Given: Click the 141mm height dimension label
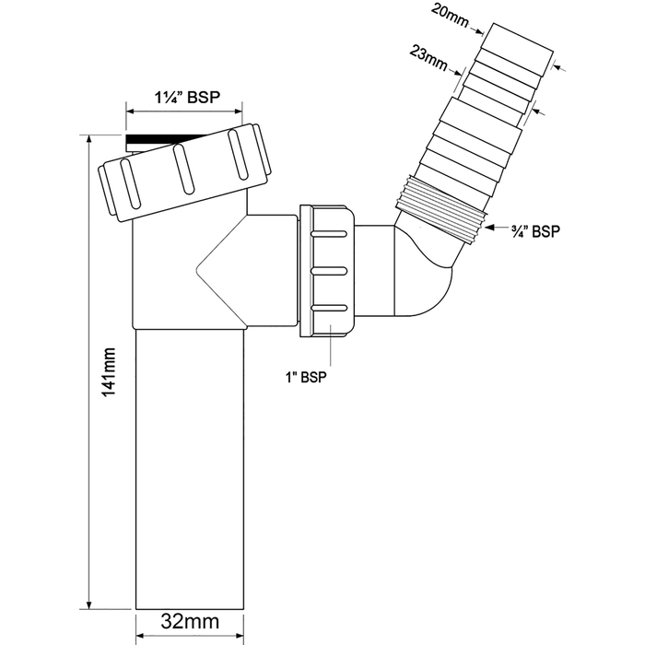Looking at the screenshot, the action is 109,372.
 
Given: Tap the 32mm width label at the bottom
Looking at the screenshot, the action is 190,621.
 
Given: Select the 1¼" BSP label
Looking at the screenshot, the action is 187,98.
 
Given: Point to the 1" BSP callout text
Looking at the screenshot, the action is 306,377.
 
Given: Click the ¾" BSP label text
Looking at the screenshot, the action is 535,231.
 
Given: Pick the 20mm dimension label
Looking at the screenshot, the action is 450,17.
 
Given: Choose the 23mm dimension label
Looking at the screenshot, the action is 428,58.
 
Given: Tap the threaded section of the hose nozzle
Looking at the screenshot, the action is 441,209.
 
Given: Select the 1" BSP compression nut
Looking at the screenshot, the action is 327,271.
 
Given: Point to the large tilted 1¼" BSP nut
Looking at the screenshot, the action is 185,172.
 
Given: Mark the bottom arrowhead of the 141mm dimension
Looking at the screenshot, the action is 88,604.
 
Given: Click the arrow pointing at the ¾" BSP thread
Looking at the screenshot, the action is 498,227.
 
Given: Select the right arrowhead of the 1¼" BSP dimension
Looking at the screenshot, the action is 237,111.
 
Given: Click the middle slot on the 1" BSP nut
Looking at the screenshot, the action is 329,271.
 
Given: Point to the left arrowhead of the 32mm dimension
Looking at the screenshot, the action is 141,637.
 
